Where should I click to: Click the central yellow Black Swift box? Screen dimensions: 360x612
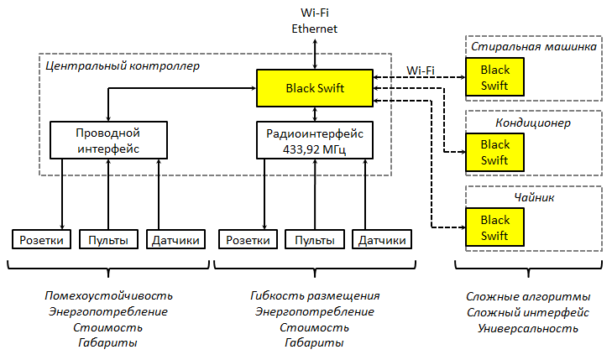[315, 87]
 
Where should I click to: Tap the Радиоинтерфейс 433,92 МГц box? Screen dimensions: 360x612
[314, 140]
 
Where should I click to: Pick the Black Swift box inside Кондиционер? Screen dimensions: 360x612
[494, 152]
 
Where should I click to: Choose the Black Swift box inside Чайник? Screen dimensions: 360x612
[494, 227]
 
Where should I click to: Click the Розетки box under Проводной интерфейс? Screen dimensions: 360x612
[42, 240]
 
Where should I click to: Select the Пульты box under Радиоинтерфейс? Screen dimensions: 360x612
[315, 240]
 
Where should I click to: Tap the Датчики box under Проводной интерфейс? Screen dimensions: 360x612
[176, 240]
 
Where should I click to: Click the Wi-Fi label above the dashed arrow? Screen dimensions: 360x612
[420, 70]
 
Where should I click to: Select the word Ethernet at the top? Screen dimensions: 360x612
[314, 28]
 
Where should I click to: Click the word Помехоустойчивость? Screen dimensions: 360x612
[108, 296]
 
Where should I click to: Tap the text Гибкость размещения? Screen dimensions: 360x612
[315, 296]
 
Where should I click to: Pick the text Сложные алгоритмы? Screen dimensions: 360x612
[528, 296]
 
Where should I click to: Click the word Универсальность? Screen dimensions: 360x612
[528, 328]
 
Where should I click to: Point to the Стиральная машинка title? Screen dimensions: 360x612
[533, 47]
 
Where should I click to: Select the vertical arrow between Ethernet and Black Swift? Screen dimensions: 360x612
[315, 53]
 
